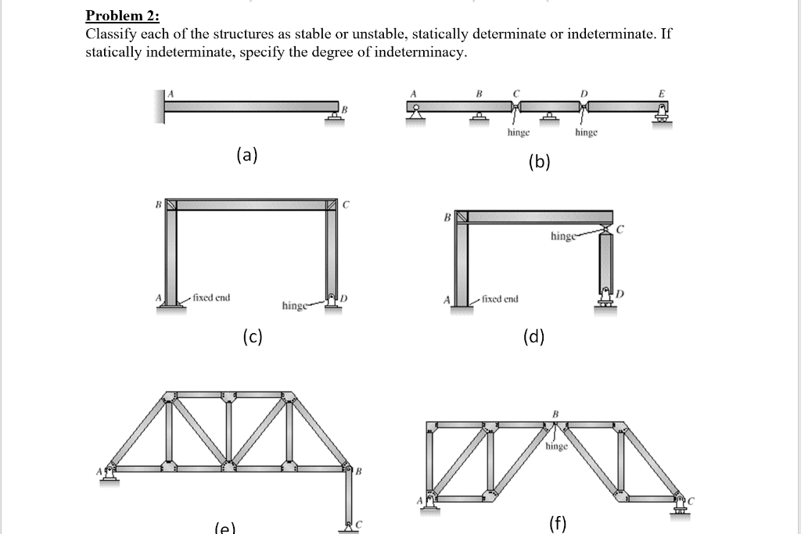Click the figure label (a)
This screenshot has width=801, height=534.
click(x=247, y=155)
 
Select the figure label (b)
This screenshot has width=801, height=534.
click(x=539, y=162)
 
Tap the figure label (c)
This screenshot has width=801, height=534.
click(x=253, y=337)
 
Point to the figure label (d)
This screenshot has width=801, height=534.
click(x=534, y=337)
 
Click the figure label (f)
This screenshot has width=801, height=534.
click(x=557, y=523)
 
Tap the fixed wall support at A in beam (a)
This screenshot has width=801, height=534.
click(x=160, y=106)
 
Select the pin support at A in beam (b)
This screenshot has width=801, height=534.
click(x=414, y=118)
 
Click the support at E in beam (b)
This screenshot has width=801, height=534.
click(x=663, y=117)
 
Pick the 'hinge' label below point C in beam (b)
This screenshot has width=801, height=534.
click(x=519, y=133)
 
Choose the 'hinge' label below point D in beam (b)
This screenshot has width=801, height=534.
click(x=587, y=133)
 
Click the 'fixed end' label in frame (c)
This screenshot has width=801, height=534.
click(x=213, y=298)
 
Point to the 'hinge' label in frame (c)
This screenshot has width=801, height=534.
click(x=295, y=306)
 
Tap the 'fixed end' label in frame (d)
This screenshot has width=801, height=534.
click(x=501, y=298)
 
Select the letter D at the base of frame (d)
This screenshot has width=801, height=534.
click(x=620, y=293)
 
